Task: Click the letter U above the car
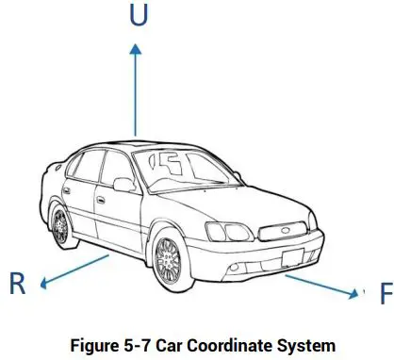[x=138, y=19]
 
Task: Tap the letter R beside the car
[x=16, y=284]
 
